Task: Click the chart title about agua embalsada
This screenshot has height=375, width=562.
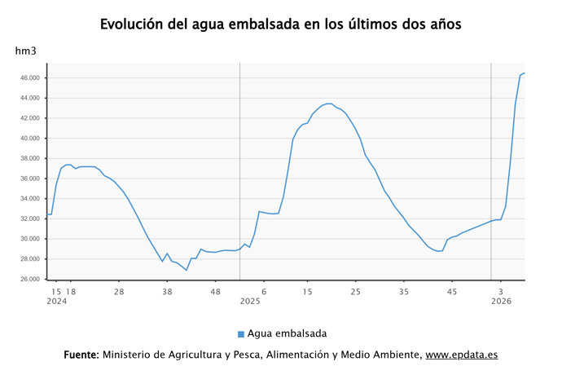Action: click(x=281, y=24)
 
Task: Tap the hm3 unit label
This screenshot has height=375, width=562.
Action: click(x=26, y=51)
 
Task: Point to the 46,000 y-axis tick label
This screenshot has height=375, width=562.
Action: click(x=29, y=78)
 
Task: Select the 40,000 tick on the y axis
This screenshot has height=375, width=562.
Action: click(x=29, y=139)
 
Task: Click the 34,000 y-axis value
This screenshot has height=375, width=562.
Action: click(x=29, y=199)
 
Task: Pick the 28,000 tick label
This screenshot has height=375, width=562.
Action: click(x=29, y=259)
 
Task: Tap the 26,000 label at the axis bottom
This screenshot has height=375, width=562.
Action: click(x=29, y=280)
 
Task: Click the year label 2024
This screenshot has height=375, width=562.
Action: click(x=56, y=302)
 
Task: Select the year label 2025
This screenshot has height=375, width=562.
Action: click(x=249, y=302)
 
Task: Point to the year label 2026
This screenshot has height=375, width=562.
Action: click(x=501, y=302)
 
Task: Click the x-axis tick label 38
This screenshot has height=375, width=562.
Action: click(x=167, y=291)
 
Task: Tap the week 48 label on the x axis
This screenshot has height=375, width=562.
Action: click(x=215, y=291)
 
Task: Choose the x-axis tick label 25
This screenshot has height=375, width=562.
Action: click(x=356, y=291)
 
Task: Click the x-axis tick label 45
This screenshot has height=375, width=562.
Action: click(x=453, y=291)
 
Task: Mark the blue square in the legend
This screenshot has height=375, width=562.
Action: click(x=241, y=334)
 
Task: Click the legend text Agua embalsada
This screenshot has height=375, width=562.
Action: click(x=288, y=333)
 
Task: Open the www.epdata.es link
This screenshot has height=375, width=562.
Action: click(x=462, y=355)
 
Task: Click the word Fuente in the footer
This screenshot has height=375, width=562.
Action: click(x=81, y=355)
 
